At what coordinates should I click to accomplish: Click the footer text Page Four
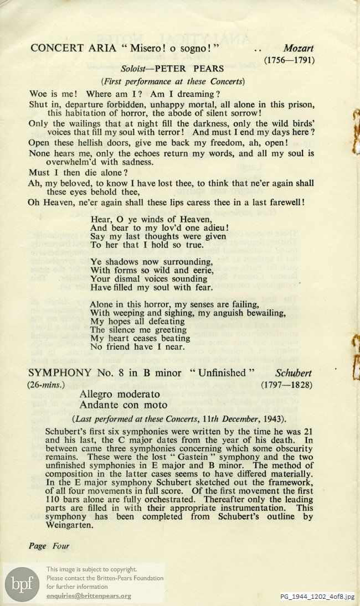point(49,546)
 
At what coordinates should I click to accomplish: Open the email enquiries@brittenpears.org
point(89,596)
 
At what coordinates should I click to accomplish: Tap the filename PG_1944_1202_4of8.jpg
point(316,596)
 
